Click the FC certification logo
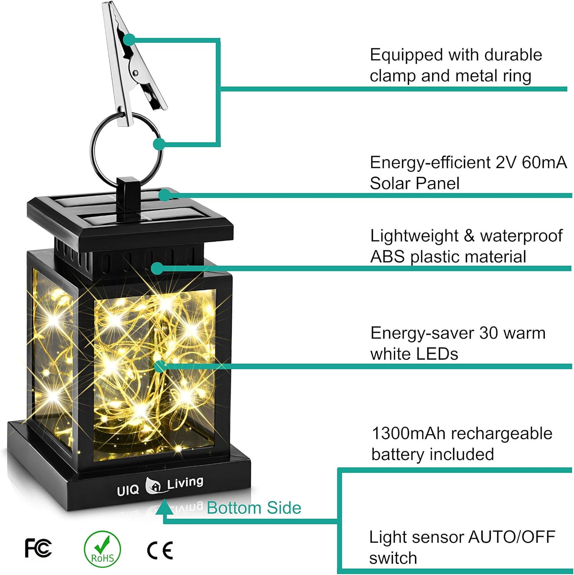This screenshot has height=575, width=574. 38,548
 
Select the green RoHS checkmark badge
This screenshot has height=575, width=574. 102,549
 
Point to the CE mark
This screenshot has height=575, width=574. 160,550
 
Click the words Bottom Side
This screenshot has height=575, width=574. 254,508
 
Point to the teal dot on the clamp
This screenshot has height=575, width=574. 130,39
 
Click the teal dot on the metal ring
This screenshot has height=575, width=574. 159,144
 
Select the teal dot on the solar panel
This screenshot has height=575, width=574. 165,195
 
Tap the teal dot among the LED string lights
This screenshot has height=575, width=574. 160,366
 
